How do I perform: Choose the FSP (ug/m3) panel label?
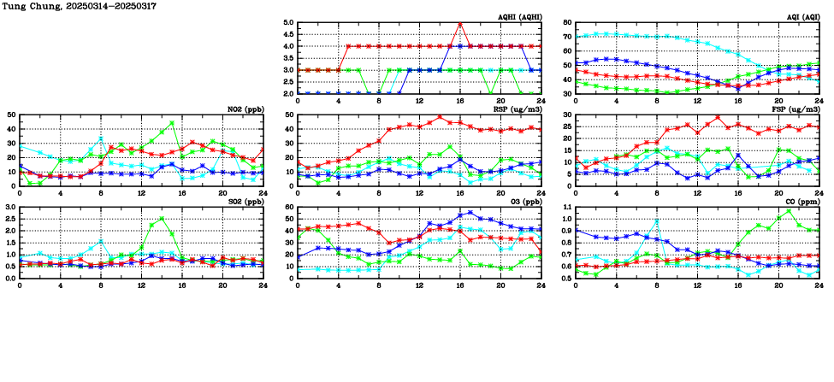click(x=796, y=109)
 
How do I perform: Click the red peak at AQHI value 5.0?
click(x=460, y=23)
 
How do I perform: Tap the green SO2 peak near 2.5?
click(x=162, y=219)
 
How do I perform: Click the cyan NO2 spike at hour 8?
click(x=101, y=138)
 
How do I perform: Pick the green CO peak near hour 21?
click(x=789, y=210)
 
